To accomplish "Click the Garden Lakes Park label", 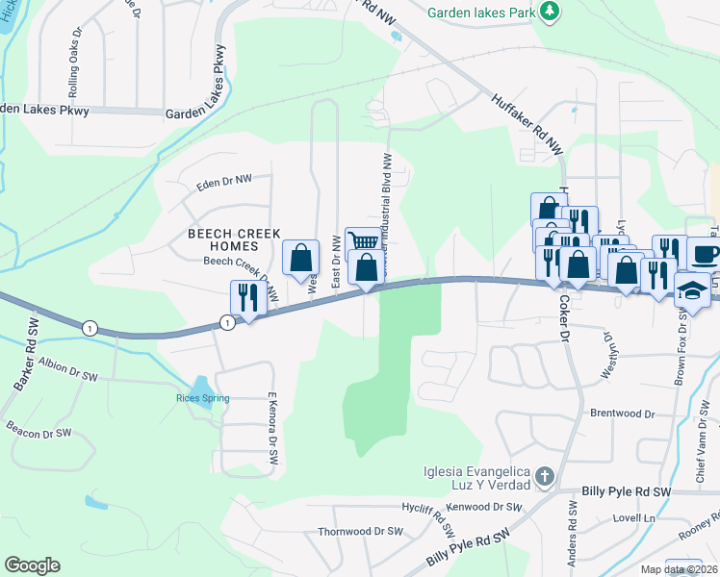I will (x=482, y=13).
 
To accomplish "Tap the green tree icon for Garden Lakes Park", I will (x=549, y=12).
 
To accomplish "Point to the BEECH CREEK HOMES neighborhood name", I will (x=234, y=239).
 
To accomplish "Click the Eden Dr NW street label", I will (x=223, y=180).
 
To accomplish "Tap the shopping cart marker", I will (x=363, y=242).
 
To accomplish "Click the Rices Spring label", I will (x=199, y=398).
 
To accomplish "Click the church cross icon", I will (x=545, y=476).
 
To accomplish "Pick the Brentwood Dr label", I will (x=622, y=414).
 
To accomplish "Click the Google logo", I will (x=32, y=565).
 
